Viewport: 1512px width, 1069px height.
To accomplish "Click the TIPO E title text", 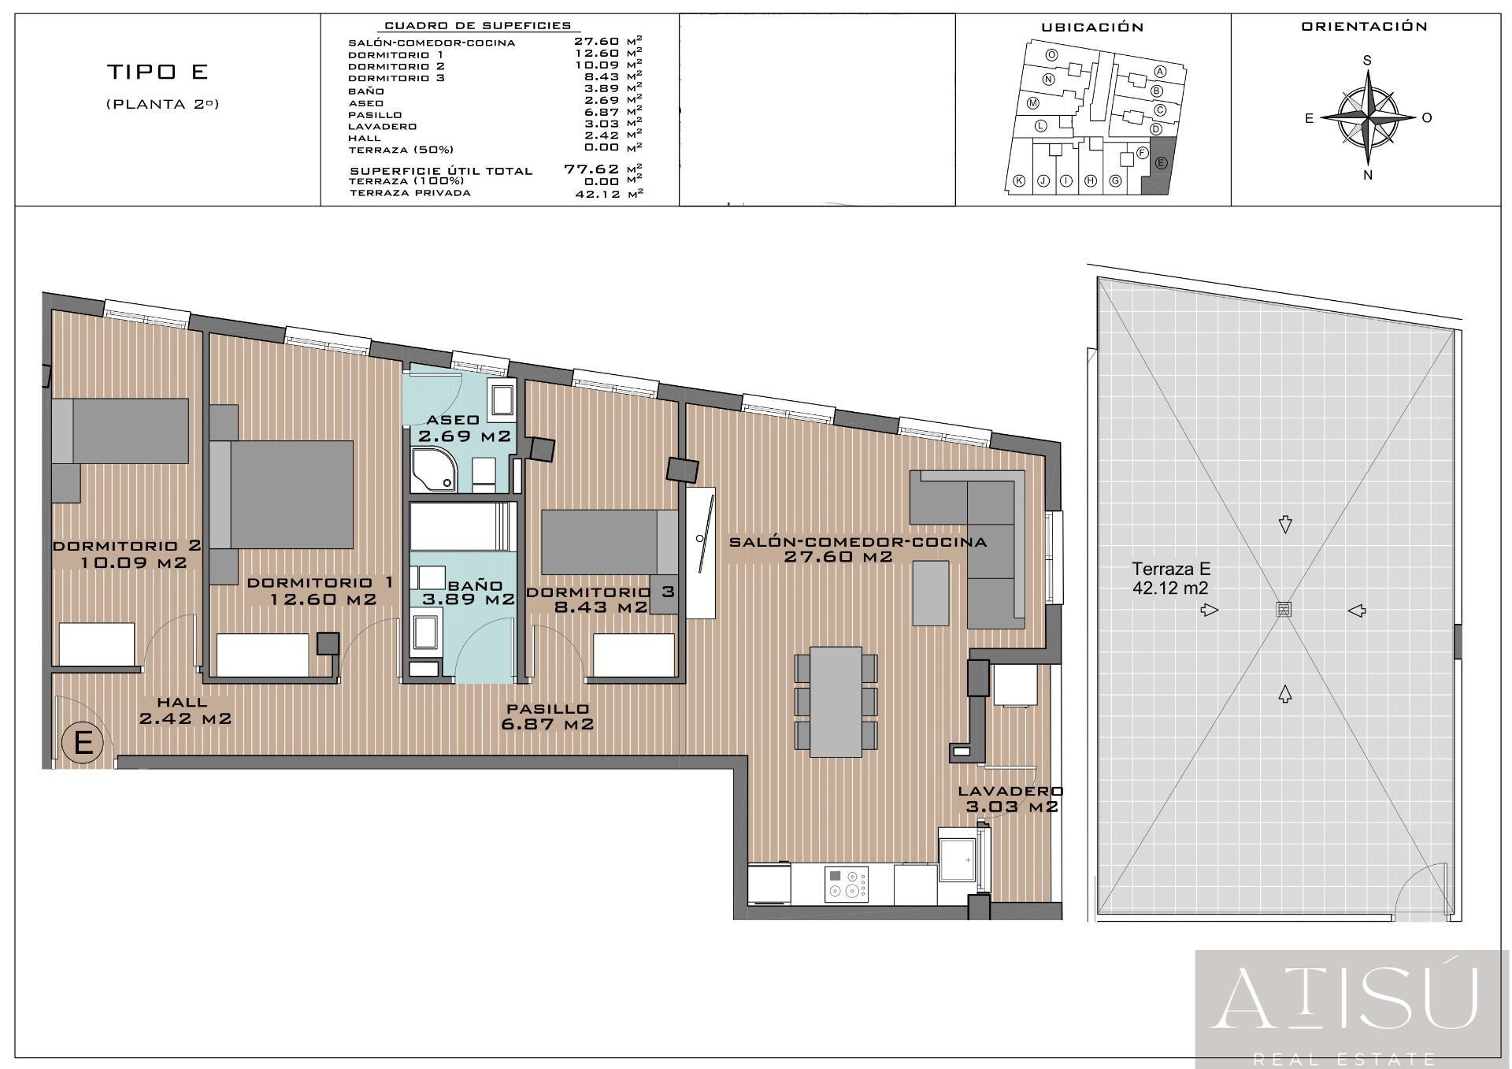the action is pyautogui.click(x=157, y=72).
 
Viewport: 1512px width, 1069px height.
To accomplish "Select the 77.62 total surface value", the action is pyautogui.click(x=591, y=169).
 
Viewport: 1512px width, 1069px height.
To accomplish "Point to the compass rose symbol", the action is pyautogui.click(x=1368, y=117).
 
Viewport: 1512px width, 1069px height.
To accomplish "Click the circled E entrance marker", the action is pyautogui.click(x=83, y=742).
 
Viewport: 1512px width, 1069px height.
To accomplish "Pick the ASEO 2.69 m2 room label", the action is pyautogui.click(x=465, y=428).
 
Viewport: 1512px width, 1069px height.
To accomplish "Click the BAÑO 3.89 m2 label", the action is pyautogui.click(x=469, y=592).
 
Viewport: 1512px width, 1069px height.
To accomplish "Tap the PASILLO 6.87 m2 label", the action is pyautogui.click(x=547, y=717).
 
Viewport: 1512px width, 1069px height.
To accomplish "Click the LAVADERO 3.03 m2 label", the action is pyautogui.click(x=1011, y=799).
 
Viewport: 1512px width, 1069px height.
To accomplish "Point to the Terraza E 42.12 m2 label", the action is pyautogui.click(x=1171, y=578).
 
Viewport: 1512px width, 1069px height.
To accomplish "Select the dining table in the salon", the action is pyautogui.click(x=836, y=701).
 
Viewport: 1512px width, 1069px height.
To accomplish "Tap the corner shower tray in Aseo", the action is pyautogui.click(x=433, y=470).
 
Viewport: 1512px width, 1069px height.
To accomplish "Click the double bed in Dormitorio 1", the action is pyautogui.click(x=281, y=494).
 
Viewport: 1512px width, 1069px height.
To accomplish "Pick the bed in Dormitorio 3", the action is pyautogui.click(x=610, y=542).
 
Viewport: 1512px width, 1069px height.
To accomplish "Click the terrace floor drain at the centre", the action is pyautogui.click(x=1284, y=609).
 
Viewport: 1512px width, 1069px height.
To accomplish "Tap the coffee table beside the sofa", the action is pyautogui.click(x=932, y=592).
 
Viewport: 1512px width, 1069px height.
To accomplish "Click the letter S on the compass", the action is pyautogui.click(x=1368, y=61).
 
